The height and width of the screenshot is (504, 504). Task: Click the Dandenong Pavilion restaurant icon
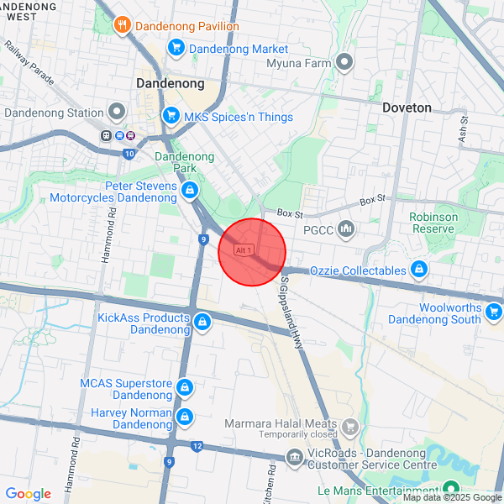[x=123, y=25]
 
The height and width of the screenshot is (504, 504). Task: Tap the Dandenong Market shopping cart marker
[x=176, y=49]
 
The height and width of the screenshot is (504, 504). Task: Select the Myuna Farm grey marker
[x=344, y=62]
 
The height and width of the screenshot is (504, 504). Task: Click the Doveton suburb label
[x=407, y=108]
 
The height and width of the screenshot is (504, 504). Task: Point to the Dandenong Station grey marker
[x=117, y=113]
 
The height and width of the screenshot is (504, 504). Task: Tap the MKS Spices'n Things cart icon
[x=171, y=117]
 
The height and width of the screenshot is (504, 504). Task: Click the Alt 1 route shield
[x=244, y=250]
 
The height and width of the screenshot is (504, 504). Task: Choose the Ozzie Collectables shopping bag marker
[x=419, y=270]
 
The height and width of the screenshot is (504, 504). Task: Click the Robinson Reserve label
[x=433, y=223]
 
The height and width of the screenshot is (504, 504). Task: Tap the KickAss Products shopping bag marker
[x=202, y=322]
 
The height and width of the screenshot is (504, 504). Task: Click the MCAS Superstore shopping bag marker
[x=186, y=388]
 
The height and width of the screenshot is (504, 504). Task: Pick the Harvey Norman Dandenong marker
[x=186, y=417]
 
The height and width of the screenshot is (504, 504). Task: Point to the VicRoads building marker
[x=294, y=457]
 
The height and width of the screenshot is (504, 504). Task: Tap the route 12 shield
[x=197, y=446]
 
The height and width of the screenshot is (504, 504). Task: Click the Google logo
[x=28, y=494]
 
